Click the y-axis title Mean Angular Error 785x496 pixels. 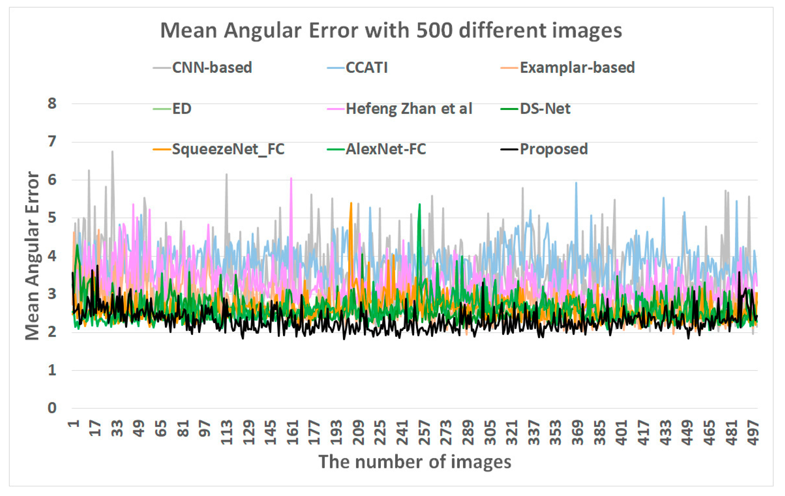[x=33, y=256]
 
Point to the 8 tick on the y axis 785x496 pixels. [x=52, y=104]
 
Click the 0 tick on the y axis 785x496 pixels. [x=52, y=408]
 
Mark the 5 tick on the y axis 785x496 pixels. [x=52, y=218]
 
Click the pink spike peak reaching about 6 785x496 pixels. [x=291, y=178]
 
